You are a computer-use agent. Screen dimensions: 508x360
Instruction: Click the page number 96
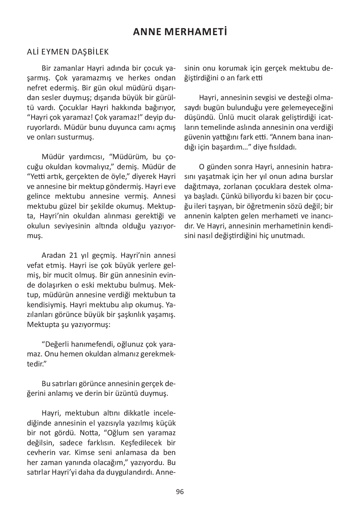point(180,492)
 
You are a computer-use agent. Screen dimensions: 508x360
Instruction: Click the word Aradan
point(54,256)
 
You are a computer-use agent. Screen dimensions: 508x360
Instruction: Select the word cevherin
point(41,452)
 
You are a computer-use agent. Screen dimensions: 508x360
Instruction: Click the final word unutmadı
point(289,236)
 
